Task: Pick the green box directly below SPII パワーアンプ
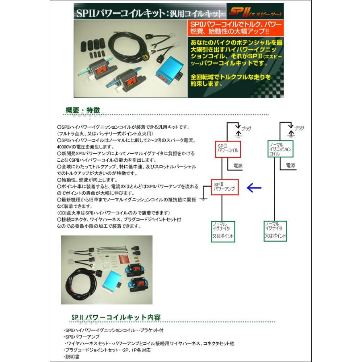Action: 223,230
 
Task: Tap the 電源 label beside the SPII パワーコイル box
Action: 238,165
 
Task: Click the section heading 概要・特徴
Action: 83,110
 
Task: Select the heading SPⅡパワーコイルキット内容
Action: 117,317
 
